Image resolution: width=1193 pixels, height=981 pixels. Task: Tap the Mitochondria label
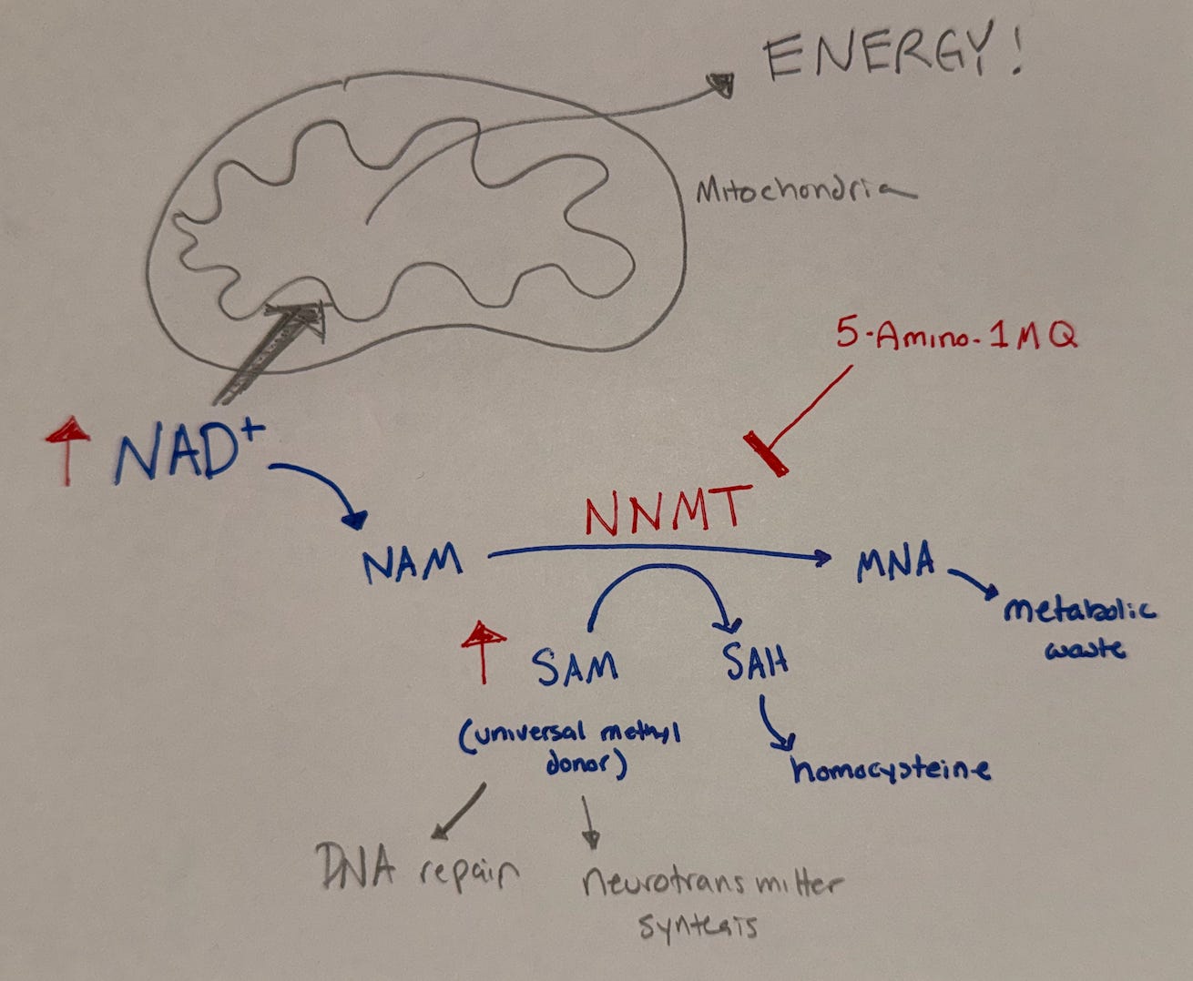806,191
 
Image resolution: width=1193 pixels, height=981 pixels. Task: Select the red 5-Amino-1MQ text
956,334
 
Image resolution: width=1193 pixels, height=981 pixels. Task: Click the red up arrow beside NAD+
68,450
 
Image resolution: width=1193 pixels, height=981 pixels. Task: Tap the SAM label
575,667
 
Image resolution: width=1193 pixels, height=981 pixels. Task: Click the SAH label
756,662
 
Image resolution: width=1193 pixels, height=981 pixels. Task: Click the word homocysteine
891,770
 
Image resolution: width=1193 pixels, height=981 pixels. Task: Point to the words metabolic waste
1079,629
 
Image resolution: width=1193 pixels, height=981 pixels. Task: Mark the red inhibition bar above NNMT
765,453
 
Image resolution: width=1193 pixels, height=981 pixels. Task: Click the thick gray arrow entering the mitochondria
270,354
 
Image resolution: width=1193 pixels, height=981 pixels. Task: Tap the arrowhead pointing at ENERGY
721,86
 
